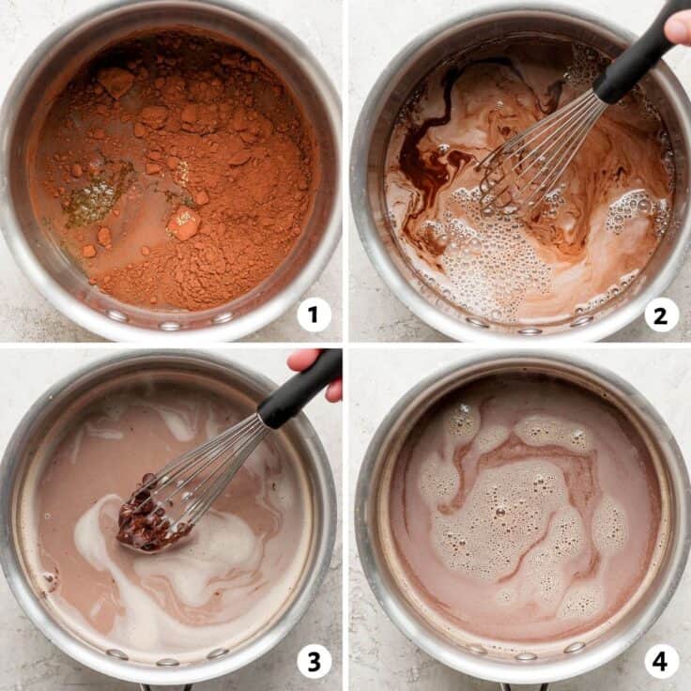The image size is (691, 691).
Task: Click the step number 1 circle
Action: [314, 314]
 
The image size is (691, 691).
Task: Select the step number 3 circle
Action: [314, 661]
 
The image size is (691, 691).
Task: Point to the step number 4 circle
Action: [661, 661]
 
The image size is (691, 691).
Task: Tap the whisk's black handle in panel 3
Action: [299, 391]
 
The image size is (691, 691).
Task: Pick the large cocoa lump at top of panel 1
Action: [115, 82]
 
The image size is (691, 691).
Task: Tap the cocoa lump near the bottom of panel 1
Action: [182, 223]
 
